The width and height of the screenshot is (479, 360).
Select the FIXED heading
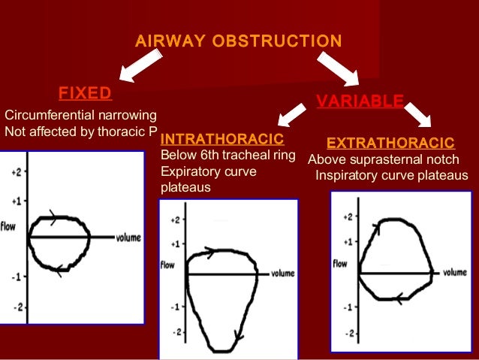(x=85, y=93)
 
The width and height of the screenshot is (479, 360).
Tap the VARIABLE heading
(x=360, y=101)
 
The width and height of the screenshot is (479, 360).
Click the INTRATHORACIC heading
(x=222, y=139)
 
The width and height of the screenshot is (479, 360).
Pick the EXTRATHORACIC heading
(x=390, y=143)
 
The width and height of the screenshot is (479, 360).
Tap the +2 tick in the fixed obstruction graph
(x=15, y=172)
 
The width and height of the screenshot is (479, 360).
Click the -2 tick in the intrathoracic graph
(x=176, y=331)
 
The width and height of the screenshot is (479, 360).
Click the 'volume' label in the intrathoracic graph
(x=283, y=274)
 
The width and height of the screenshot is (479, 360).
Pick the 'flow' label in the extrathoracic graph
(x=339, y=264)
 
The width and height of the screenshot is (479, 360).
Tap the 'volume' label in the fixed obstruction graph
(x=128, y=238)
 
